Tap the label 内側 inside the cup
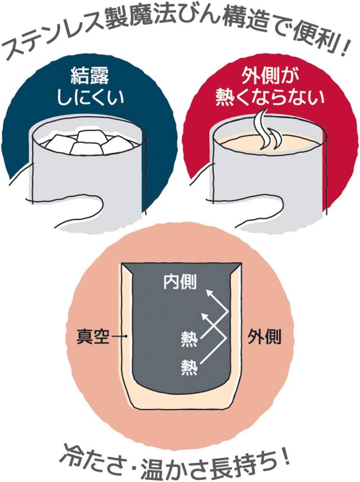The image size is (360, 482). coord(179,282)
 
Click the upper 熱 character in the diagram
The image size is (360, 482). coord(189,341)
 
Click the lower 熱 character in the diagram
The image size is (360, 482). coord(189,366)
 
